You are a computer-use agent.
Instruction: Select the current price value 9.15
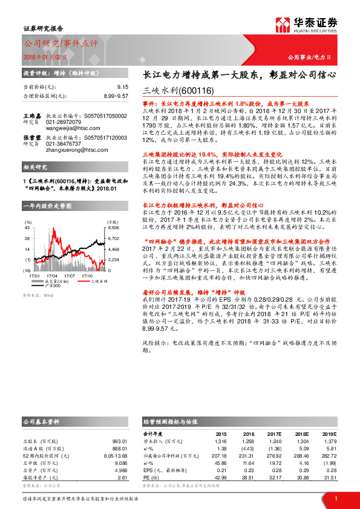pos(123,87)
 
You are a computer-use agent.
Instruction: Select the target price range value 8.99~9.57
pos(116,96)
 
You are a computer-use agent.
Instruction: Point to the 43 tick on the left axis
pos(26,229)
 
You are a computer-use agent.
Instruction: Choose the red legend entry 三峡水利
pos(99,280)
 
